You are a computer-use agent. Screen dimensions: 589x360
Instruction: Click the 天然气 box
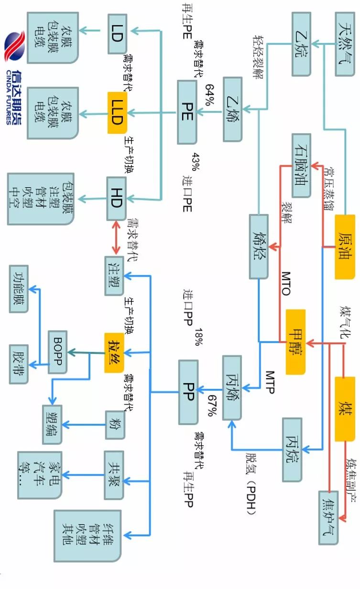click(346, 44)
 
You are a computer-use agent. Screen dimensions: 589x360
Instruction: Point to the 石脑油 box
click(302, 165)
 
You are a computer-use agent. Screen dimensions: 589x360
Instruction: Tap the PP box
click(188, 392)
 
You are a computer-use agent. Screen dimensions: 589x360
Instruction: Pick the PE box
click(186, 112)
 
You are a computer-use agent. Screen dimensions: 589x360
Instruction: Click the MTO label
click(285, 283)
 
